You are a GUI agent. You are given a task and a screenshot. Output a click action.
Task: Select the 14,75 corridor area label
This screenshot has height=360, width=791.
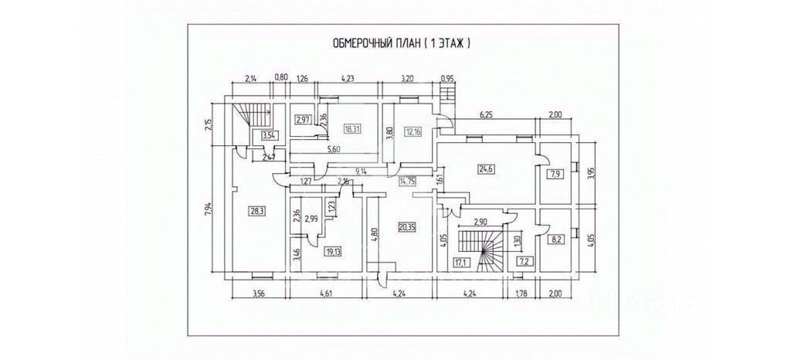pos(406,182)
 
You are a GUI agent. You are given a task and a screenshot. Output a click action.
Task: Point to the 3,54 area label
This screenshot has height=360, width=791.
pos(268,136)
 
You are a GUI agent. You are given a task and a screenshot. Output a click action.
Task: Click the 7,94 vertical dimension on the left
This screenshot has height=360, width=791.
pos(209,209)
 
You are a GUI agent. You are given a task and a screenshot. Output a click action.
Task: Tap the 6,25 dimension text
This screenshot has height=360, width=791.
pos(487,114)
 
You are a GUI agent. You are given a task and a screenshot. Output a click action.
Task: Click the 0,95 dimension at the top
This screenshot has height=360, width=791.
pos(447,78)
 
